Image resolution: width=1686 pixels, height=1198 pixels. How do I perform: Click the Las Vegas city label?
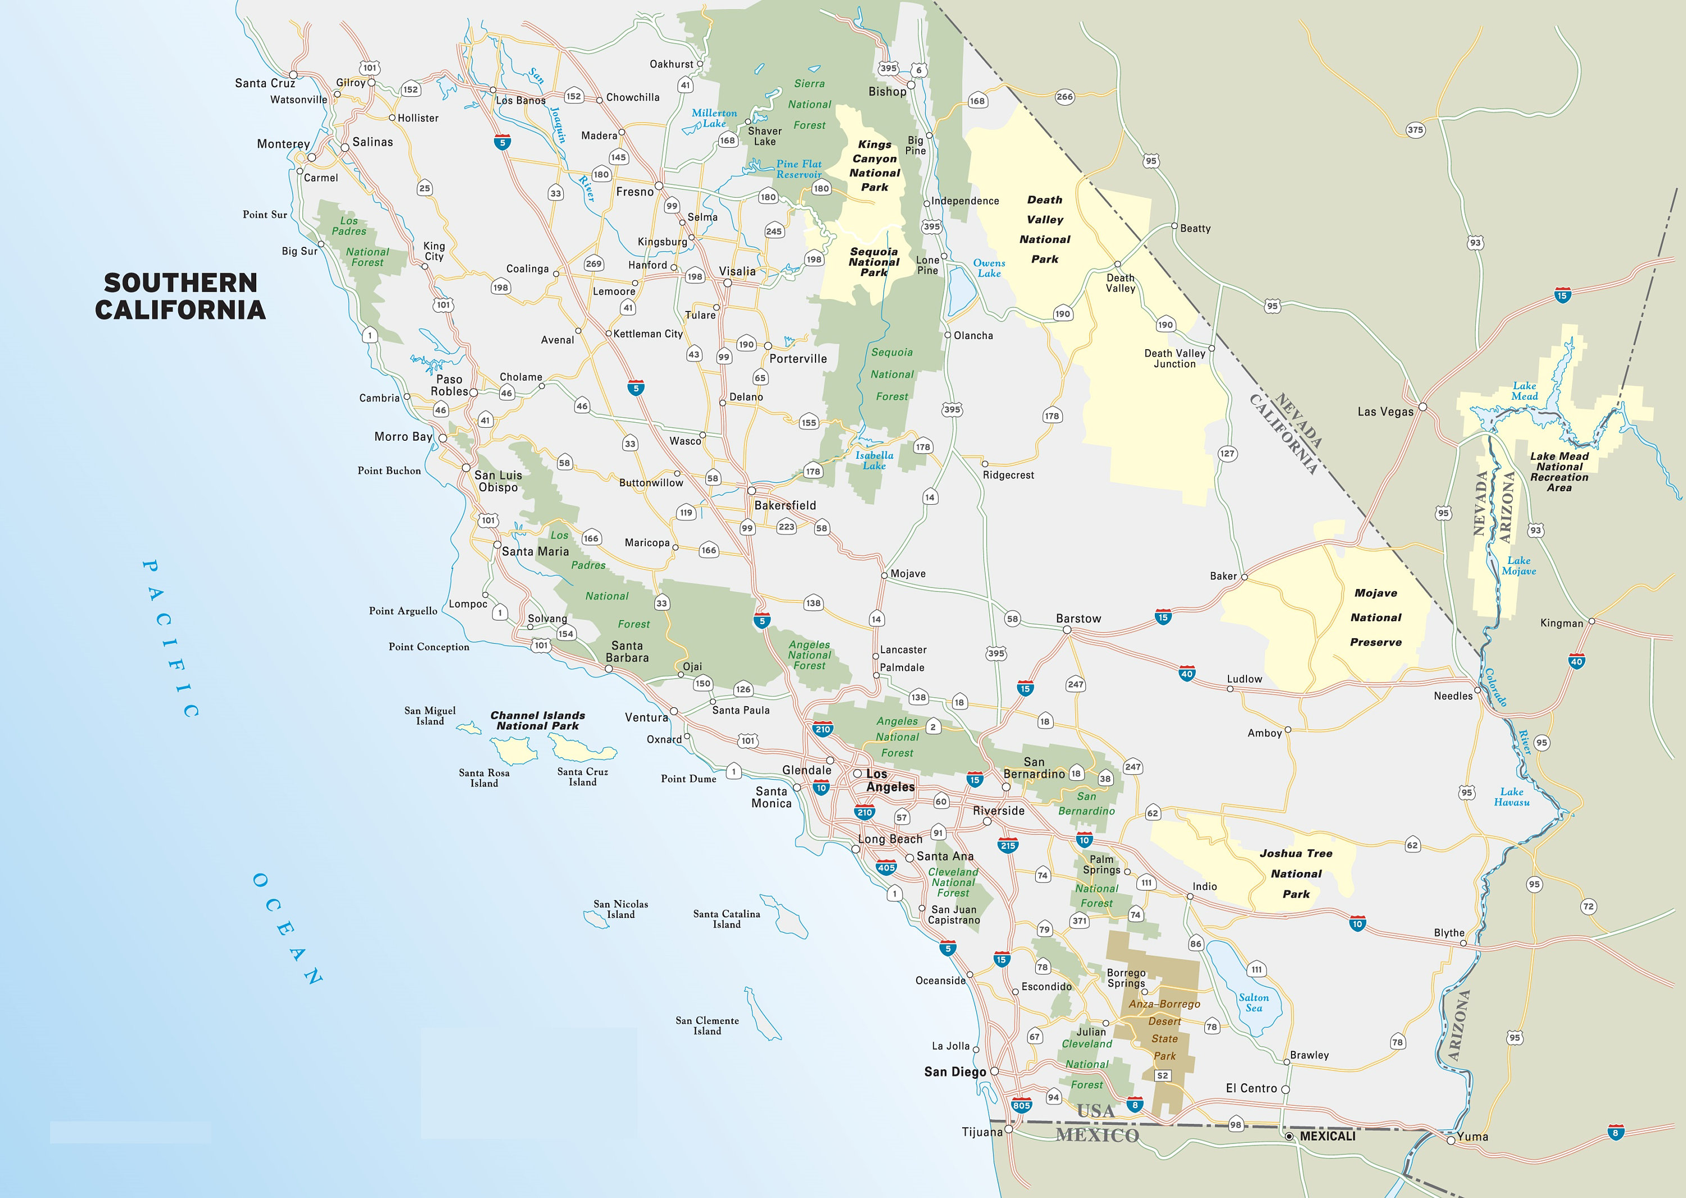(x=1385, y=412)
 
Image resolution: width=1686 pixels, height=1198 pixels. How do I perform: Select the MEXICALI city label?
(x=1327, y=1136)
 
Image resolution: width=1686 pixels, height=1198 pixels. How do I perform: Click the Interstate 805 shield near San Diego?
(x=1021, y=1105)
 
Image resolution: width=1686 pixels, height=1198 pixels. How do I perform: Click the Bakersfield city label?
(x=785, y=505)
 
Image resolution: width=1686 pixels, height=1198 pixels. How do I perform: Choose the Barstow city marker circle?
(x=1067, y=630)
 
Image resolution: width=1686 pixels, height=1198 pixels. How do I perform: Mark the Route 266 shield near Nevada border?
(x=1064, y=97)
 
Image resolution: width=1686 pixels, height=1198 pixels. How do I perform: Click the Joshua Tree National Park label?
(x=1296, y=874)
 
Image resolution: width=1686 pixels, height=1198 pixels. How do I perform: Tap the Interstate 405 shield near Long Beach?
(x=886, y=867)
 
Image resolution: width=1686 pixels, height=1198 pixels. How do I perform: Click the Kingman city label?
(x=1561, y=623)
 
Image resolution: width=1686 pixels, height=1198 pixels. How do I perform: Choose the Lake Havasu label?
(x=1511, y=797)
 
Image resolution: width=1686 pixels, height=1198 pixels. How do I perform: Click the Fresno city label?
(x=634, y=192)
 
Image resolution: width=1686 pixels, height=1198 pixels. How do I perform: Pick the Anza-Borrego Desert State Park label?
(x=1164, y=1030)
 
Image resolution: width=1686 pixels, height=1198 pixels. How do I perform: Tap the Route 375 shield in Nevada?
(x=1415, y=130)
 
